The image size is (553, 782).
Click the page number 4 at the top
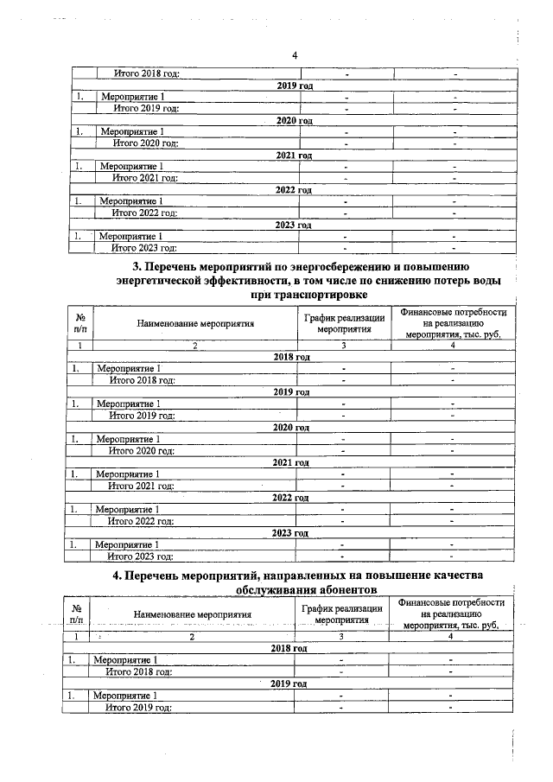[x=295, y=56]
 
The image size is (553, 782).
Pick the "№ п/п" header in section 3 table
[x=80, y=322]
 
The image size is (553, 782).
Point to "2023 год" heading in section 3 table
[x=289, y=533]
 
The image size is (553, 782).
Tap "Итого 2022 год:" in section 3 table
[x=140, y=521]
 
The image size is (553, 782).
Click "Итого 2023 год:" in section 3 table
[x=140, y=556]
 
